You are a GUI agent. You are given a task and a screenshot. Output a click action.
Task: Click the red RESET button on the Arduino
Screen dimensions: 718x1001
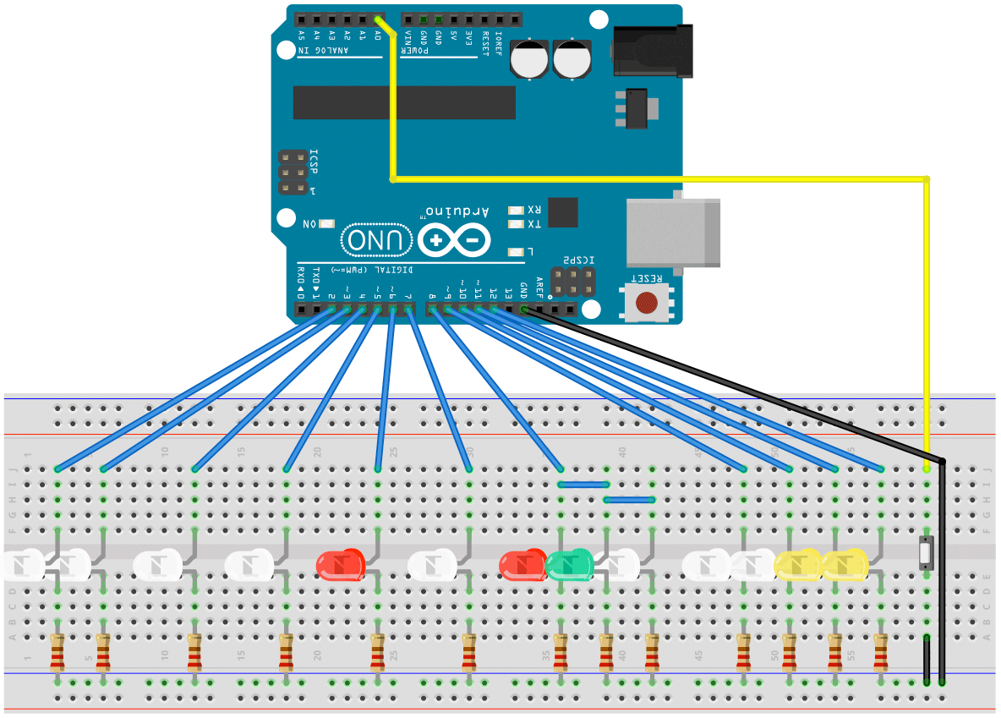pos(647,302)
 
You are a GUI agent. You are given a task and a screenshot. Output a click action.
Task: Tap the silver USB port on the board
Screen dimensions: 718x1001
pos(673,233)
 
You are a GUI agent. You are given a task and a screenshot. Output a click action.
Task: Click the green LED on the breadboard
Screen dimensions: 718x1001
pos(568,565)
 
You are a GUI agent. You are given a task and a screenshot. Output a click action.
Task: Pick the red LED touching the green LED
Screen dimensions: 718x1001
pos(522,565)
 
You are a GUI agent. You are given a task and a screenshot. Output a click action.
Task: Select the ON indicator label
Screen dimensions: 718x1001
pos(309,223)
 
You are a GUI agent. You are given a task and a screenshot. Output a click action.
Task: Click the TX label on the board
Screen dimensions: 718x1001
pos(534,224)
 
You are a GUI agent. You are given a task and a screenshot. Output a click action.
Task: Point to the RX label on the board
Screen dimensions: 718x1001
pos(534,209)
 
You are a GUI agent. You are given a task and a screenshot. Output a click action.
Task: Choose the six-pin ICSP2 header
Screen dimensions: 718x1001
pos(572,282)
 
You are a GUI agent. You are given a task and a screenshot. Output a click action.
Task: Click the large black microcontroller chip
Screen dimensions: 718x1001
pos(404,102)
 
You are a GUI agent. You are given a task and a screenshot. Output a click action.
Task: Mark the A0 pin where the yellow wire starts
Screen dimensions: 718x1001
pos(377,18)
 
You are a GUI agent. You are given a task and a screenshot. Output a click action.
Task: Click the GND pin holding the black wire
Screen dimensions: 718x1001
pos(524,310)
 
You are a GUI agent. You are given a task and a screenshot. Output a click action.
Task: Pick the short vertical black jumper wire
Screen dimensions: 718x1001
pos(927,660)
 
